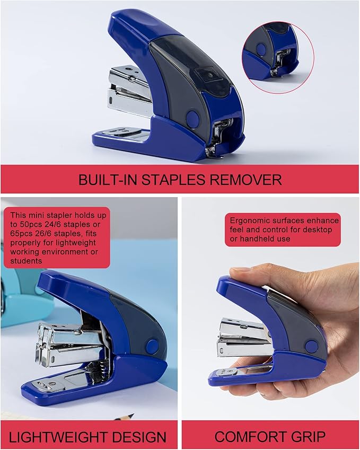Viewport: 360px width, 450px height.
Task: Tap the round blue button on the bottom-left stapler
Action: tap(152, 347)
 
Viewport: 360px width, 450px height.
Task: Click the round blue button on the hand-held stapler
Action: tap(312, 347)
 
